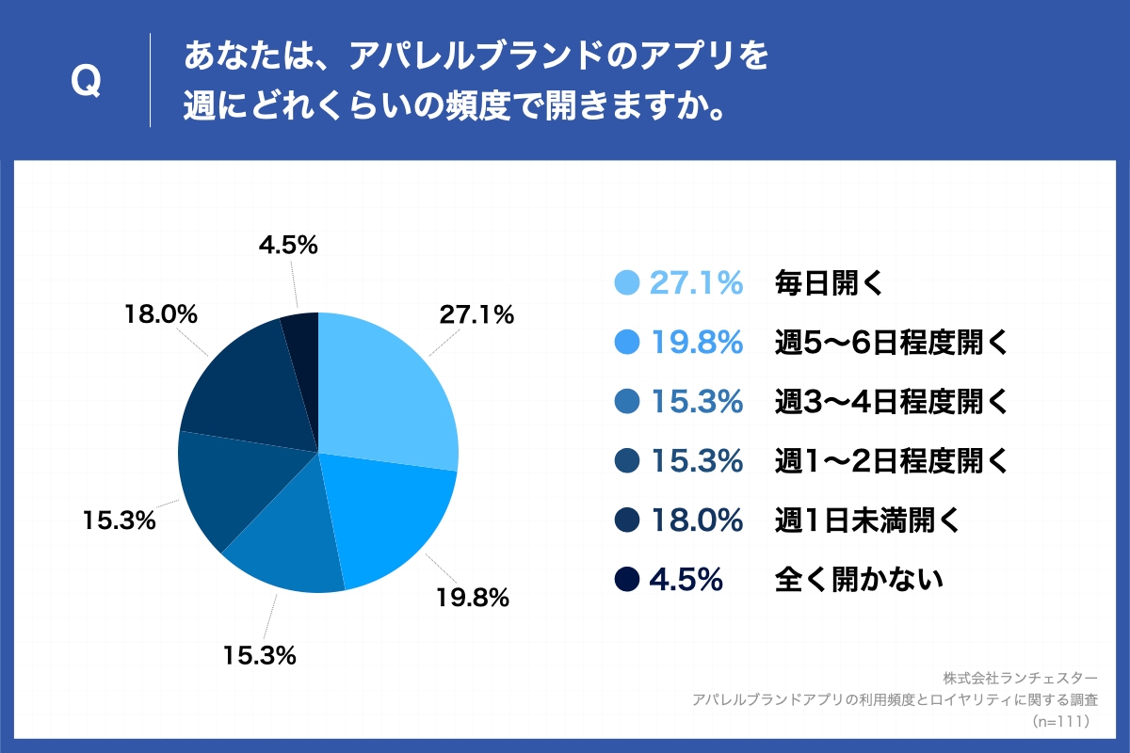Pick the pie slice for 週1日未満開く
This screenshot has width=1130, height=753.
click(245, 386)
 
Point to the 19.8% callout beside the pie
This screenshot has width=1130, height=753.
click(472, 596)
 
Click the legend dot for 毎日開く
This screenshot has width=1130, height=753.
click(626, 282)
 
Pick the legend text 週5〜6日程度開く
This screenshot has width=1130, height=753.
click(891, 343)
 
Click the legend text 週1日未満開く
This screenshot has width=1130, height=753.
click(867, 520)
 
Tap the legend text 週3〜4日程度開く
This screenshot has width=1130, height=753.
click(891, 402)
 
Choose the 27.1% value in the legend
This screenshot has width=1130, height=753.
click(697, 282)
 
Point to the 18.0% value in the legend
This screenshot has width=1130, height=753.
click(697, 520)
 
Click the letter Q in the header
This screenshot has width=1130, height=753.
click(87, 83)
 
